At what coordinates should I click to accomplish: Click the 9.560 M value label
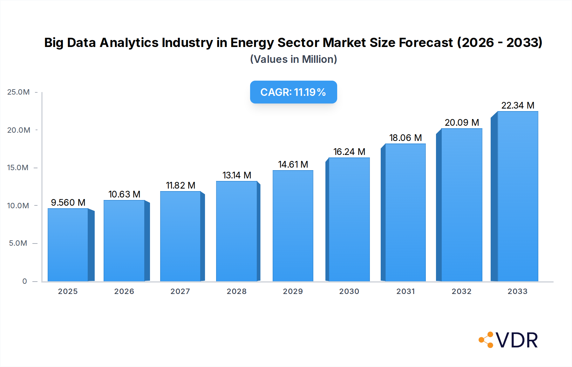[x=68, y=203]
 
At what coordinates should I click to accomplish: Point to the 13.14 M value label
[x=237, y=175]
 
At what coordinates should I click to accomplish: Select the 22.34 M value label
[x=518, y=105]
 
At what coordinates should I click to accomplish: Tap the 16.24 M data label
[x=349, y=152]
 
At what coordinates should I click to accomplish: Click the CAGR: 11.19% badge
[x=293, y=92]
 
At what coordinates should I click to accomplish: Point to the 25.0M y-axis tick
[x=18, y=92]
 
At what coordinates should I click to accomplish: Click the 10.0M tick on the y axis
[x=18, y=206]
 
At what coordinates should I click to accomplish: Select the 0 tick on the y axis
[x=24, y=281]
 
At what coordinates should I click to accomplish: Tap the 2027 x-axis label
[x=180, y=291]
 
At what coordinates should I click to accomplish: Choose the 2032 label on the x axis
[x=461, y=291]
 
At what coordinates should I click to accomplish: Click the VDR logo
[x=508, y=340]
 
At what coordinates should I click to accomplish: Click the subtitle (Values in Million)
[x=293, y=59]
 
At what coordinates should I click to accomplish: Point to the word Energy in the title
[x=252, y=43]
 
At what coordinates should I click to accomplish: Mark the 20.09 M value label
[x=462, y=123]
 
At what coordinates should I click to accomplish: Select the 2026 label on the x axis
[x=124, y=291]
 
